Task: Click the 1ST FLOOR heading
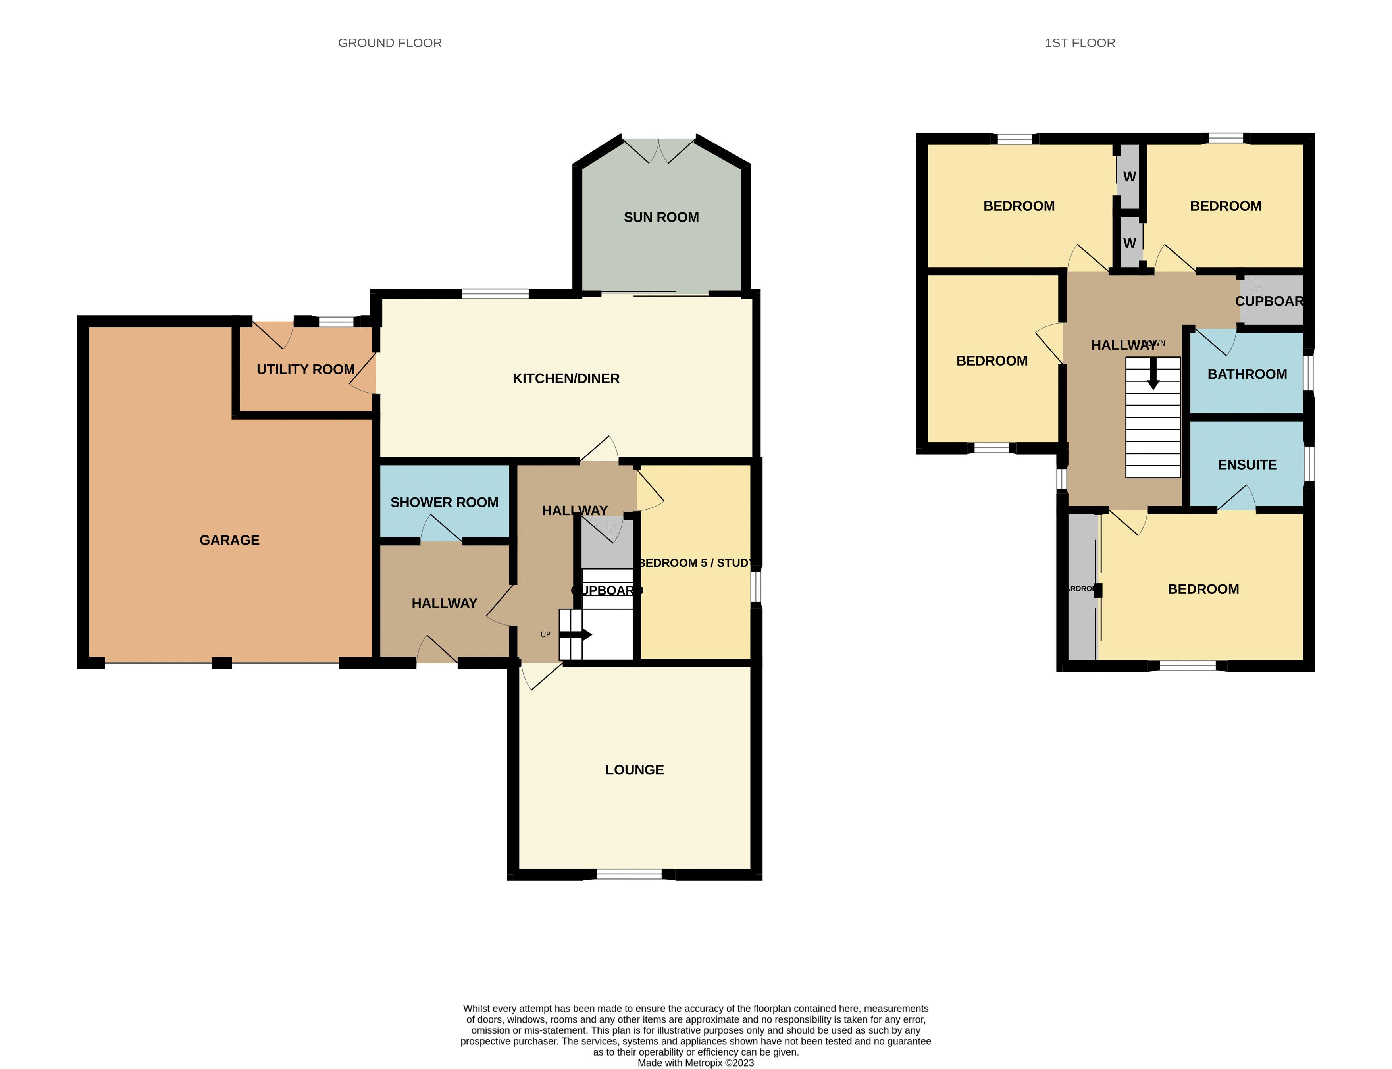(1080, 43)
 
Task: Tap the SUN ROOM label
(661, 218)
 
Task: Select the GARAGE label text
(230, 540)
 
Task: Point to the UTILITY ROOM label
(305, 370)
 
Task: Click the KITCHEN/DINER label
(566, 379)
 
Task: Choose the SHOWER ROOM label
(444, 503)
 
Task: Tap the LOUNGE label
(634, 770)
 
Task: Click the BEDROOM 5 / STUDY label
(695, 563)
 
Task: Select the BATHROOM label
(1247, 374)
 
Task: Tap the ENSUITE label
(1247, 465)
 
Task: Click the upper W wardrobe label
(1129, 177)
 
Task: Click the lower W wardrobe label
(1129, 243)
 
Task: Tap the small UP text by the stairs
(545, 634)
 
